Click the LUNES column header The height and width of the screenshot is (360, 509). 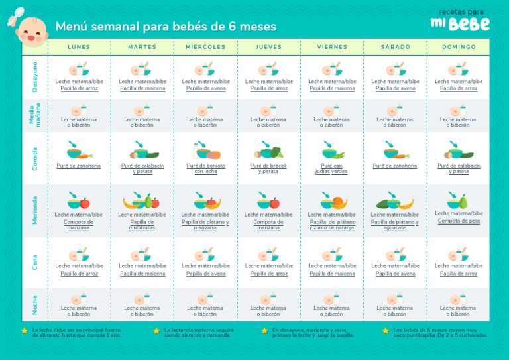tap(80, 47)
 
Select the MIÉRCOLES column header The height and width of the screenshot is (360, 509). tap(205, 47)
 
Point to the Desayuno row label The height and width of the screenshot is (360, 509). tap(34, 77)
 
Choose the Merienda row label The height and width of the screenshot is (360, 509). tap(34, 210)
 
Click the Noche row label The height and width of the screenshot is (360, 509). tap(34, 305)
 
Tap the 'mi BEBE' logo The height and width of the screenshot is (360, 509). tap(461, 21)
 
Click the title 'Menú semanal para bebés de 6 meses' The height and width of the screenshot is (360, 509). tap(166, 27)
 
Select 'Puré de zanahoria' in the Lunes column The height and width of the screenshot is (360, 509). tap(79, 166)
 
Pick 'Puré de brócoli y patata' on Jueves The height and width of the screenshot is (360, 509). tap(268, 168)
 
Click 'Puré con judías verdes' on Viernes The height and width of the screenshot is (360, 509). tap(331, 168)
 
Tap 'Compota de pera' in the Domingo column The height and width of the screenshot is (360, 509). tap(458, 221)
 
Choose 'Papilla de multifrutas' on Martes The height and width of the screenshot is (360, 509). tap(142, 225)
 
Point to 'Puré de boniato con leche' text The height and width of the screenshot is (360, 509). tap(205, 168)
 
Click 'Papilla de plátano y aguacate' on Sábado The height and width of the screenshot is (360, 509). tap(394, 225)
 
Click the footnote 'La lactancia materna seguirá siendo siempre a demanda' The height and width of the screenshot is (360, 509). tap(199, 332)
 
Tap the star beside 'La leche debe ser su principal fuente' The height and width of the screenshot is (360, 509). tap(25, 330)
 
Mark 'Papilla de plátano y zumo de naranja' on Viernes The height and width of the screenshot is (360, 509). tap(331, 225)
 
